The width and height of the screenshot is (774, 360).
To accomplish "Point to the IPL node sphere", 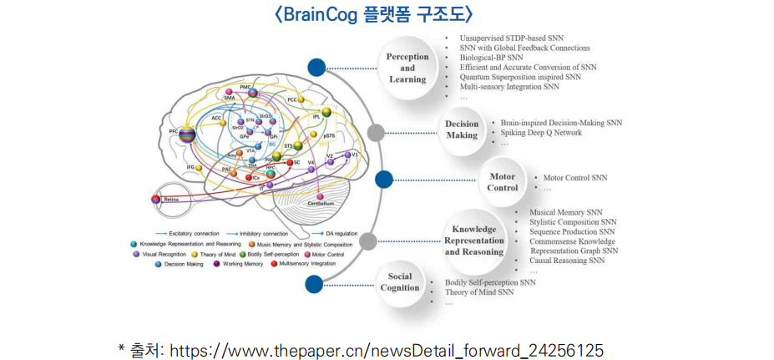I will [326, 113].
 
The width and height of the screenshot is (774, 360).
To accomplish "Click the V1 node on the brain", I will [347, 155].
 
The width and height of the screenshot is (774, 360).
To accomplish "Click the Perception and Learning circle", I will [407, 68].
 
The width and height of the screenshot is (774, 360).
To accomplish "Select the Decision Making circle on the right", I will [462, 129].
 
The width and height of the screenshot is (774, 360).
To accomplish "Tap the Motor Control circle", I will [502, 182].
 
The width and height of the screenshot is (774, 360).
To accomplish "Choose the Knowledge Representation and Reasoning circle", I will [474, 241].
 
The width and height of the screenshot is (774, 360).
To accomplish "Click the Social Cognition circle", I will [400, 282].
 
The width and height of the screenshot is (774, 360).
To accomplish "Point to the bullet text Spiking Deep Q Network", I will [540, 133].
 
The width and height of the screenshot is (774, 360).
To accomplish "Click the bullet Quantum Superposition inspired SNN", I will [520, 77].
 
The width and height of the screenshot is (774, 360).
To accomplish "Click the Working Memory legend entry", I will [239, 264].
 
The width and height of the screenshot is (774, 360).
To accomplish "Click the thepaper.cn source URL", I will [387, 350].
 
